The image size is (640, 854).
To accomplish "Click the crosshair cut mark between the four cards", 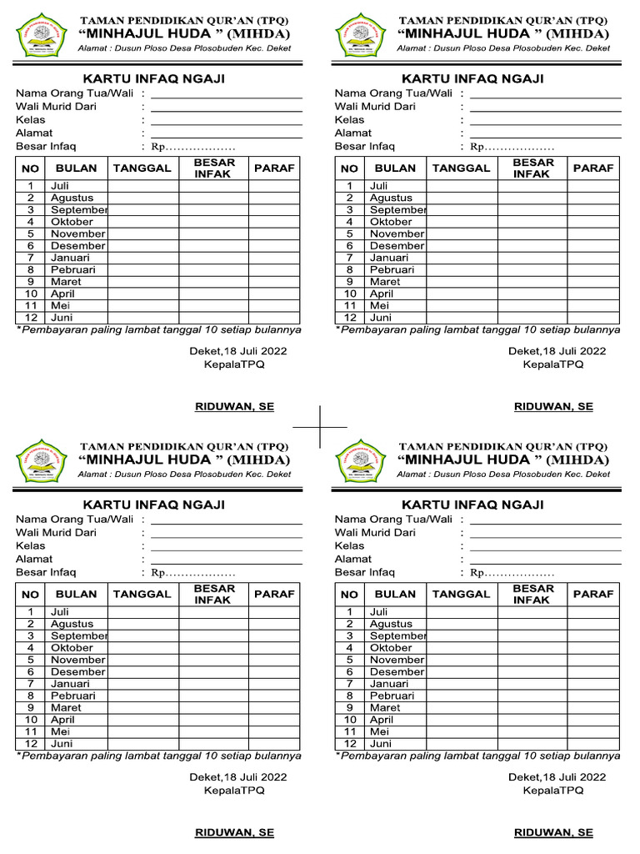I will click(320, 426).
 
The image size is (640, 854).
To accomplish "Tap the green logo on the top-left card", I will click(38, 34).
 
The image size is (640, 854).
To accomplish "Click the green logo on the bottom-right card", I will click(357, 460).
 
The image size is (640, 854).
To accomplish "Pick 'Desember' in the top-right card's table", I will click(397, 246).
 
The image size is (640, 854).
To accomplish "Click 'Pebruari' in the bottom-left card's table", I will click(72, 696).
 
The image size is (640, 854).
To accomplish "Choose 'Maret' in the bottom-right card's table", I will click(385, 707).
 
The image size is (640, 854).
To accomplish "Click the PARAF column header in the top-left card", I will click(274, 168).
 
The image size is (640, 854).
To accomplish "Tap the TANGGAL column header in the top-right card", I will click(461, 168).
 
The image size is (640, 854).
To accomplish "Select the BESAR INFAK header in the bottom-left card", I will click(214, 594).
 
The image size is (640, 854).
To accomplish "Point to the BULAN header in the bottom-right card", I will click(395, 594).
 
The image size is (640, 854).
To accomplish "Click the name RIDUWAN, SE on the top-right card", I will click(553, 407).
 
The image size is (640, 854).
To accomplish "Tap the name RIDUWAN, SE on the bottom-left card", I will click(234, 832).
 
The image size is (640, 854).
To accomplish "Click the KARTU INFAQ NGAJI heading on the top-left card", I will click(153, 78).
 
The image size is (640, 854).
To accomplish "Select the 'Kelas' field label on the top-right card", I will click(349, 119).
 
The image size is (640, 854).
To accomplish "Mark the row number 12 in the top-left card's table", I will click(31, 318).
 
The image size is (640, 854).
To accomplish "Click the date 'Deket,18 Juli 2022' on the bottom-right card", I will click(557, 776).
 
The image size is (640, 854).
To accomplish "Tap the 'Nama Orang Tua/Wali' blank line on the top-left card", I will click(226, 97).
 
